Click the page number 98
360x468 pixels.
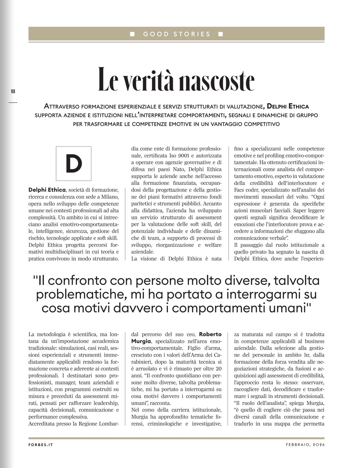click(x=13, y=91)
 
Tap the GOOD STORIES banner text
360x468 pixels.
click(x=177, y=34)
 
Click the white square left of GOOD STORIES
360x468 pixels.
click(x=132, y=34)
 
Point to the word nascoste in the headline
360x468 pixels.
click(x=216, y=80)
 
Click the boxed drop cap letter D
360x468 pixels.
click(x=74, y=164)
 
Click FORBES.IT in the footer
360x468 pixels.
click(x=41, y=445)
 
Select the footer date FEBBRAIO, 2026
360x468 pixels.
click(x=305, y=445)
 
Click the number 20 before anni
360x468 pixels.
click(x=218, y=369)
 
